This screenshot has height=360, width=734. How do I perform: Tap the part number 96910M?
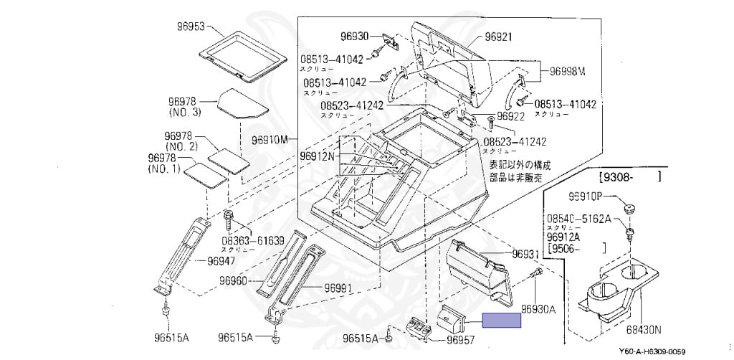point(270,138)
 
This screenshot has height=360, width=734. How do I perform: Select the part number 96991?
point(338,288)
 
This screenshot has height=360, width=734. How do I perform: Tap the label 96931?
point(525,255)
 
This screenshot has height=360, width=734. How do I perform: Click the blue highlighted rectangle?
point(502,321)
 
